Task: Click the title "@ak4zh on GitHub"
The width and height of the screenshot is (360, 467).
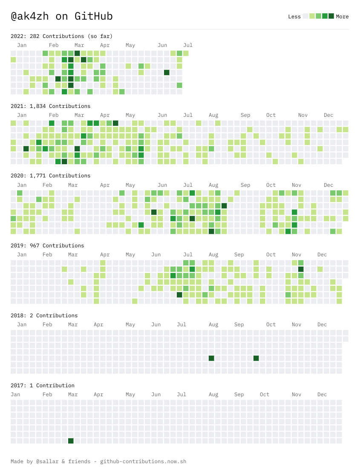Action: (x=61, y=16)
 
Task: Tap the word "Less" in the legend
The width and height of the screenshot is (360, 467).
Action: (x=294, y=17)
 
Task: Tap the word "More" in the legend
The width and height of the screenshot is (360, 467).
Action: (x=342, y=17)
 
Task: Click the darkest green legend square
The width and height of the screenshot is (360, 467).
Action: (x=331, y=16)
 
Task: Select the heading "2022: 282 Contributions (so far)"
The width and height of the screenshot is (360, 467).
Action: (x=61, y=36)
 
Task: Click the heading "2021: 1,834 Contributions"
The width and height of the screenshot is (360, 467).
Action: (x=50, y=106)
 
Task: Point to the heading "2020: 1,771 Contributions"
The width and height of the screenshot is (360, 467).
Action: (x=50, y=175)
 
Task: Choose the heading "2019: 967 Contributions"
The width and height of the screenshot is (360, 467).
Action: (x=47, y=245)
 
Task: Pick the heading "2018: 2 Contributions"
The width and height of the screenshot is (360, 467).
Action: (x=44, y=315)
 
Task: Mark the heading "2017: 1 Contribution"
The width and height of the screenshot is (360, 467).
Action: (x=42, y=385)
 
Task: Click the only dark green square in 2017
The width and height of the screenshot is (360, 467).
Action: (x=71, y=441)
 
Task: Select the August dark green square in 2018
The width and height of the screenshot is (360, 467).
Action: (x=211, y=358)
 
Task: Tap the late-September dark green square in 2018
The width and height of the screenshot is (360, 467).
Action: (x=256, y=358)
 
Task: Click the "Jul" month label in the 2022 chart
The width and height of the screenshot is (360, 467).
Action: (x=188, y=45)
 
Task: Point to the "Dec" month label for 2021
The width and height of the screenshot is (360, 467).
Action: (x=328, y=115)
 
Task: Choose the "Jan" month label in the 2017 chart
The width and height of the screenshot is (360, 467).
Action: (x=15, y=394)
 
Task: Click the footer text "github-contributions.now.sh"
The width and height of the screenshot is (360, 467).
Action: (x=143, y=461)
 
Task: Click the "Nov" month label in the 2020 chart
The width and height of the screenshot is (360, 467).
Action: (x=297, y=185)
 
